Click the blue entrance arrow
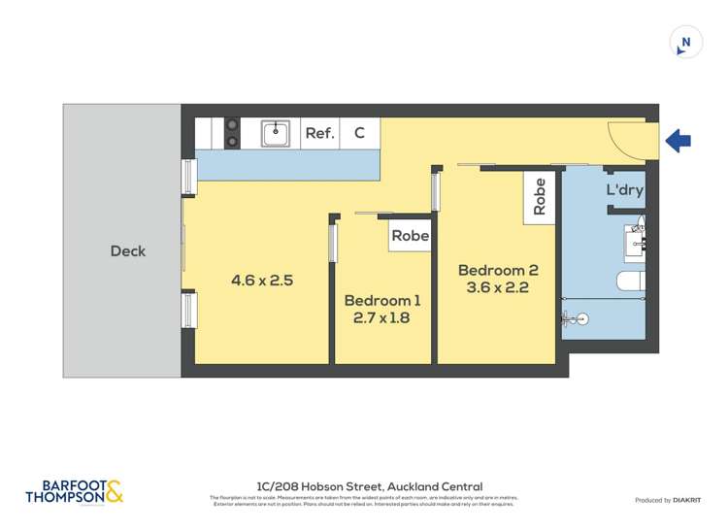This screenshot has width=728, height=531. (x=678, y=142)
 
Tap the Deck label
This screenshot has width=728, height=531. (x=127, y=250)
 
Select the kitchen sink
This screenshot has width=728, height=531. (x=276, y=133)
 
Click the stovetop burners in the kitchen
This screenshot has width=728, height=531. (x=233, y=133)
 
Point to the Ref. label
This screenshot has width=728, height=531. (x=319, y=133)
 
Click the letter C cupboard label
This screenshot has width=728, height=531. (x=359, y=133)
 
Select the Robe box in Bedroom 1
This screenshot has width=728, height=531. (x=410, y=236)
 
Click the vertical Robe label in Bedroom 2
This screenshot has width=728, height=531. (x=540, y=197)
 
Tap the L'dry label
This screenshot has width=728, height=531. (x=625, y=190)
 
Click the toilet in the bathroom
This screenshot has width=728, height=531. (x=629, y=282)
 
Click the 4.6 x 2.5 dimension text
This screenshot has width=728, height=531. (x=261, y=281)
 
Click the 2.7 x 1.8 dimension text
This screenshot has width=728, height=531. (x=382, y=317)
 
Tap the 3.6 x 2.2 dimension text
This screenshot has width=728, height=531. (x=498, y=287)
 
